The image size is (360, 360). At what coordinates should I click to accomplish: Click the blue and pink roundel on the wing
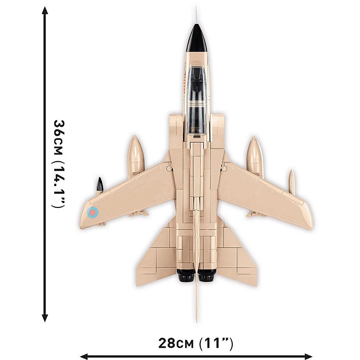92,213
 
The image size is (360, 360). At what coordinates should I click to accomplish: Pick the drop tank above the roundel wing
136,156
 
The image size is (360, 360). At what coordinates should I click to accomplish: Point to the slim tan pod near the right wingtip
292,183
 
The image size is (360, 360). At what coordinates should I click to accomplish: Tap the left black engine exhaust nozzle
186,276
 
